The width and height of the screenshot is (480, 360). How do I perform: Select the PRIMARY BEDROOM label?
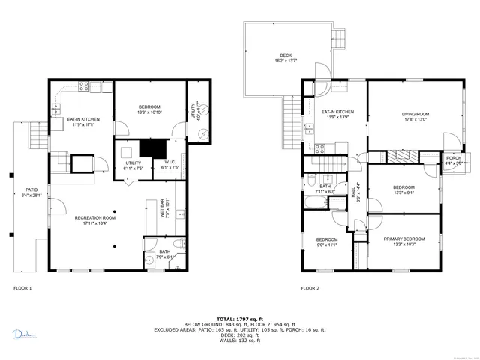click(404, 238)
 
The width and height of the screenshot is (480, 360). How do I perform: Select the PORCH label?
click(453, 158)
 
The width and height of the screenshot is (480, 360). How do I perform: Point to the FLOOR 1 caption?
click(22, 287)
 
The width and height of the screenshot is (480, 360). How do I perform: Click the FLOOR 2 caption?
click(310, 287)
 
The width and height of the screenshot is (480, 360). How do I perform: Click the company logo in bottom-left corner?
click(23, 334)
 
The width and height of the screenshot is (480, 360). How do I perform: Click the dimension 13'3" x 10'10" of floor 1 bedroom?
click(149, 112)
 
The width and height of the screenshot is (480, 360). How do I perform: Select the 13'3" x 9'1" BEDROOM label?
click(403, 191)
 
